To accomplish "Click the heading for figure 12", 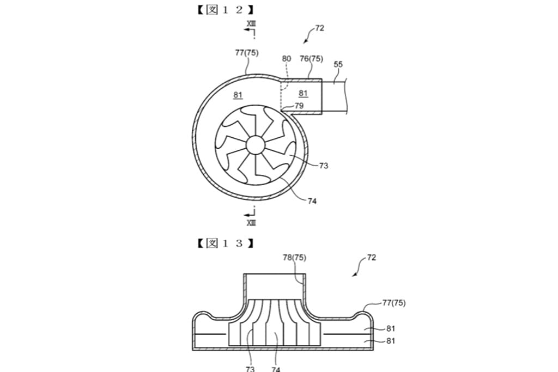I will coord(226,10).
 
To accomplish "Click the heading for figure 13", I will coord(226,243).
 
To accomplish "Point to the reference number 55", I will coord(338,64).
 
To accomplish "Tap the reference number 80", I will coord(287,58).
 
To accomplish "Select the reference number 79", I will coord(299,106).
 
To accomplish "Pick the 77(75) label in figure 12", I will coord(246,53).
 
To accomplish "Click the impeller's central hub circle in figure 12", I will coord(255,145).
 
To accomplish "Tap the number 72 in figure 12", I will coord(319,28).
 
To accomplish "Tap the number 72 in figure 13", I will coord(371,258).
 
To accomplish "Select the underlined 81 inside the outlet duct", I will coord(303,93).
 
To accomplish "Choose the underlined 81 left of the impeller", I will coord(238,95).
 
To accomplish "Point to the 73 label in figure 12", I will coord(324,166).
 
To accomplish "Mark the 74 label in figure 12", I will coord(312,201).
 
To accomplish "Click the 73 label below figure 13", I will coord(250,369).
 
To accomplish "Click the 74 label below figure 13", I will coord(276,369).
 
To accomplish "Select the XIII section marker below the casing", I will coord(251,222).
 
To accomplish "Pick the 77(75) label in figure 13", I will coord(393,302).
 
